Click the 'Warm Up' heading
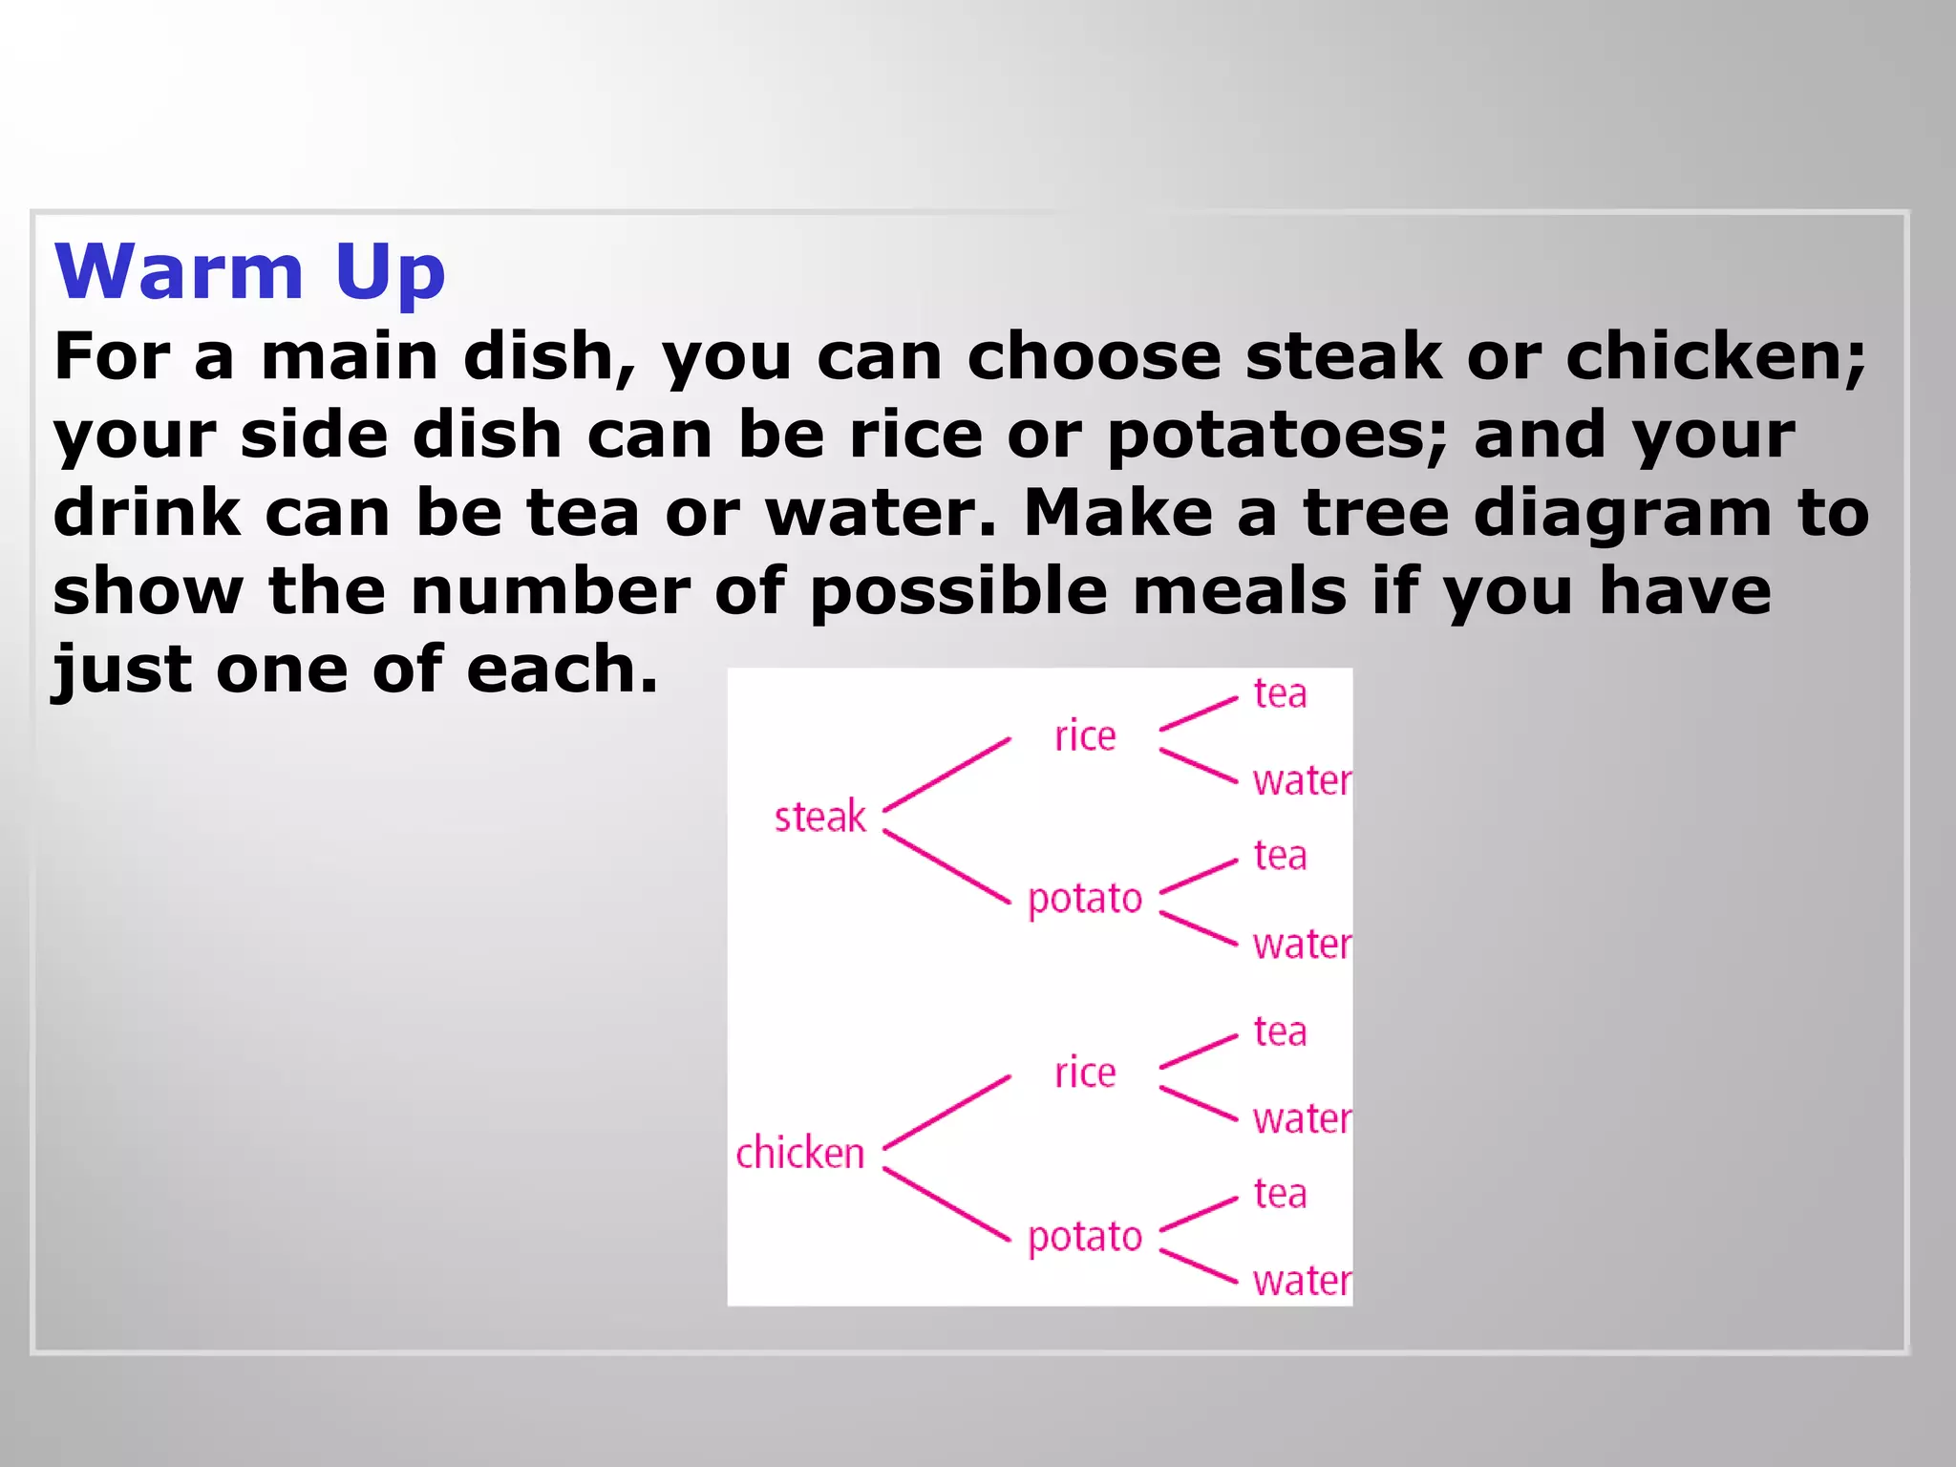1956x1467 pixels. coord(250,272)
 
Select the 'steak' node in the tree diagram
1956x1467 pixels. coord(819,818)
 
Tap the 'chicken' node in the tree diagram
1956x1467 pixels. coord(800,1154)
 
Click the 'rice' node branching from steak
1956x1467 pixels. coord(1085,736)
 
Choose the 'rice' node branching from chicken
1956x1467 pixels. coord(1085,1074)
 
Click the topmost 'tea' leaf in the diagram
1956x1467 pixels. coord(1280,694)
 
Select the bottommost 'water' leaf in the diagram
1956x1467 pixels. coord(1302,1282)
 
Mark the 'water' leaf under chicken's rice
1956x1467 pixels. coord(1302,1119)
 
